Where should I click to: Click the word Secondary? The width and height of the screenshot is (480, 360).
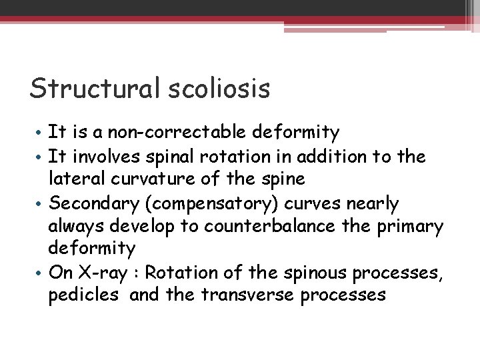click(90, 202)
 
